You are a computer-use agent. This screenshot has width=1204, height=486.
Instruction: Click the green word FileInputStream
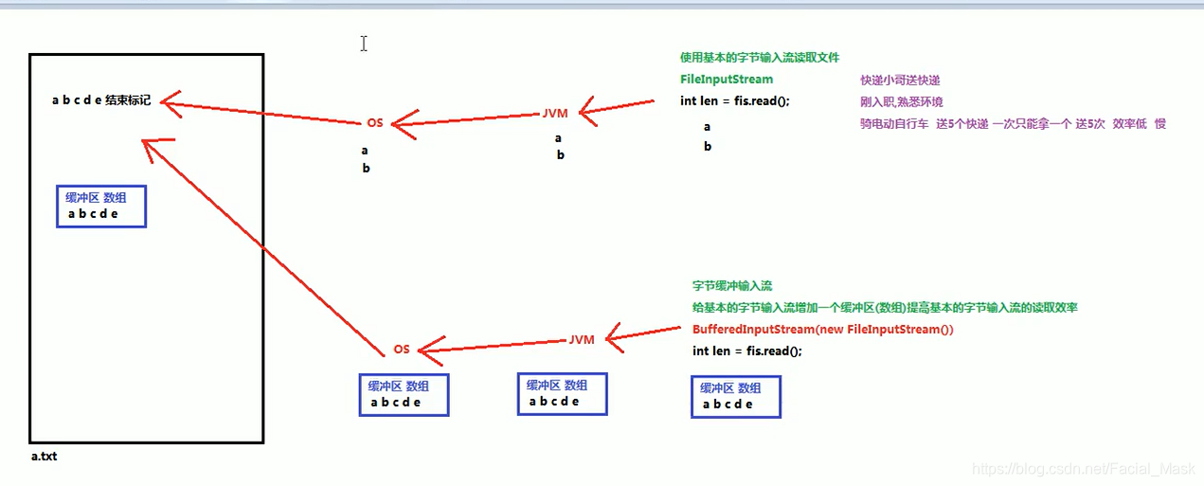point(727,80)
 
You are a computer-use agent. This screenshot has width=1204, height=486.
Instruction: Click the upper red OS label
point(374,124)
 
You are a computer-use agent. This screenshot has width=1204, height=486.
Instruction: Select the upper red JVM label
point(555,114)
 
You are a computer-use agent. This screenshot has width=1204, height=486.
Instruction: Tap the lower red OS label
point(402,350)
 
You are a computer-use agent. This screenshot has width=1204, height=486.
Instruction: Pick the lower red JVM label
point(582,340)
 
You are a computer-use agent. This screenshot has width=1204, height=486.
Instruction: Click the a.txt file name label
point(44,457)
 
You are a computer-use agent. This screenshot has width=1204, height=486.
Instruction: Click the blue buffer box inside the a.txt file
point(101,206)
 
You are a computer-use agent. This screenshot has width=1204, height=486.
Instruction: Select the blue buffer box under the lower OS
point(404,394)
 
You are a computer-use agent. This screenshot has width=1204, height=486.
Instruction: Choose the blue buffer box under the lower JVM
point(562,393)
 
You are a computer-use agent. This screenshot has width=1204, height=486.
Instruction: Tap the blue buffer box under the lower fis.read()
point(736,396)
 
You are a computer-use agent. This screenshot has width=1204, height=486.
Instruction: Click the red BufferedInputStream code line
point(822,331)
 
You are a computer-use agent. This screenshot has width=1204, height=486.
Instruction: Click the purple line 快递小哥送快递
point(900,81)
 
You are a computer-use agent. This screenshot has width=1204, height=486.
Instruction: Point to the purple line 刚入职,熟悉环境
point(901,102)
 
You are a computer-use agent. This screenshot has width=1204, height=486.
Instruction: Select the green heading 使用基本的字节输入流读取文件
point(760,58)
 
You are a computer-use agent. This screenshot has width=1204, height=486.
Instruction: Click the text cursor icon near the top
point(364,44)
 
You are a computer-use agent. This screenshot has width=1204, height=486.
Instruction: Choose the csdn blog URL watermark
point(1083,470)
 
